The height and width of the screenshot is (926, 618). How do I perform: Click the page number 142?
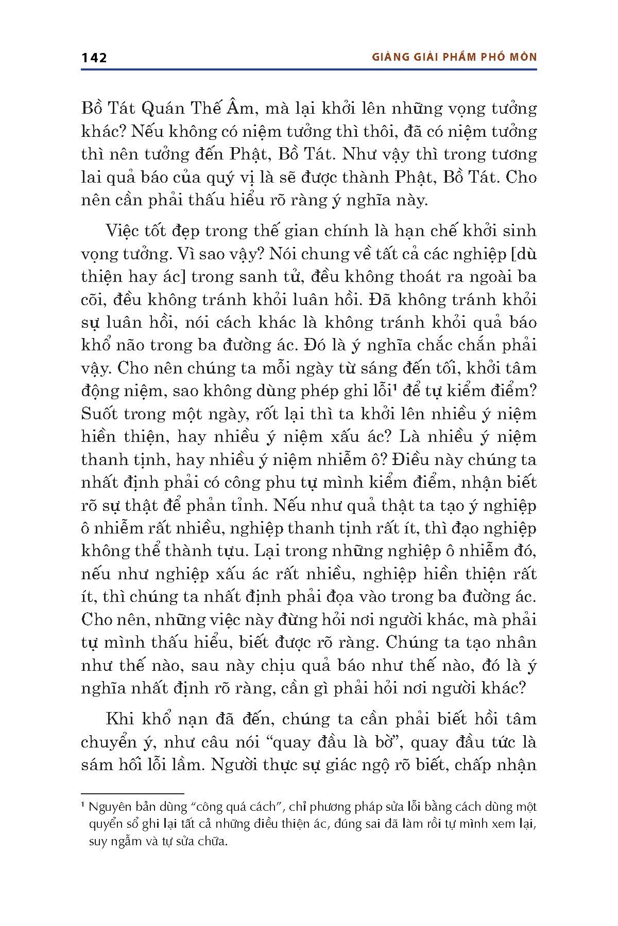[94, 58]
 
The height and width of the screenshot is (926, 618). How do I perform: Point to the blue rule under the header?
[309, 69]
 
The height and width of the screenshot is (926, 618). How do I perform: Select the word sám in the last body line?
[97, 765]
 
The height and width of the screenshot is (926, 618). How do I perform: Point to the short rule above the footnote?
[132, 794]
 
